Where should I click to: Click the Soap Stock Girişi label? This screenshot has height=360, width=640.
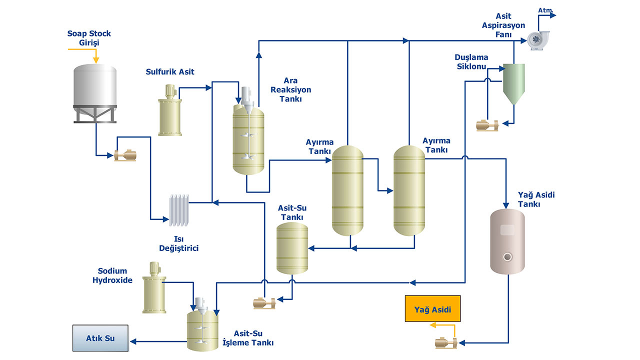click(89, 38)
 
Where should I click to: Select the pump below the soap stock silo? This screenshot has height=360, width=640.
click(125, 155)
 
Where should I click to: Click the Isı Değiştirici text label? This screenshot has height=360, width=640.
click(178, 243)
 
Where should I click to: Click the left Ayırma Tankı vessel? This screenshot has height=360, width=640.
click(348, 190)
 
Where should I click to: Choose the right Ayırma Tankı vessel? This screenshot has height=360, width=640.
click(408, 190)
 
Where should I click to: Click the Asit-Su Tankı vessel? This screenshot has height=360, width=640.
click(292, 247)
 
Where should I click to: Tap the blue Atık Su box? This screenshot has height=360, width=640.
click(100, 338)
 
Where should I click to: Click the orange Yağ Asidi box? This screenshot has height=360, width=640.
click(432, 309)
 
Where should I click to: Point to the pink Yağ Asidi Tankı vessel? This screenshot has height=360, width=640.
click(507, 241)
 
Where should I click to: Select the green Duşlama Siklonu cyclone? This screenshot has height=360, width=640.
click(513, 82)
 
